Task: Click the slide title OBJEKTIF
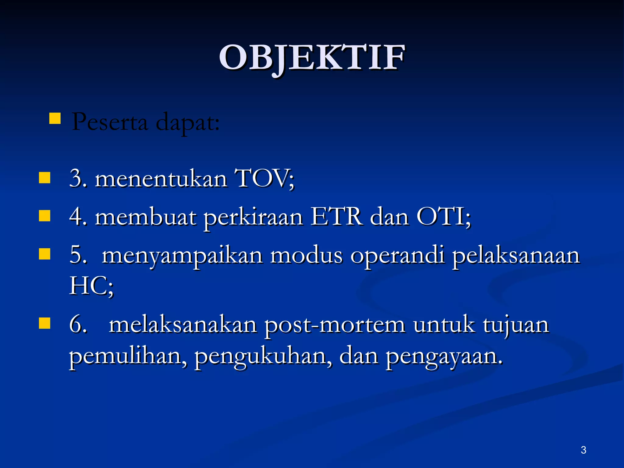pyautogui.click(x=312, y=58)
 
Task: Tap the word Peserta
pyautogui.click(x=110, y=122)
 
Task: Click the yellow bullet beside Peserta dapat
pyautogui.click(x=55, y=118)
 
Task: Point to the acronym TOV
pyautogui.click(x=262, y=178)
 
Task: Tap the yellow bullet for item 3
pyautogui.click(x=45, y=178)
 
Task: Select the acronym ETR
pyautogui.click(x=337, y=217)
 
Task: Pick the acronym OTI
pyautogui.click(x=440, y=217)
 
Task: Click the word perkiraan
pyautogui.click(x=253, y=218)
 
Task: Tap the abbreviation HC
pyautogui.click(x=88, y=286)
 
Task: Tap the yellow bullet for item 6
pyautogui.click(x=45, y=323)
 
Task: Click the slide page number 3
pyautogui.click(x=583, y=450)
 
